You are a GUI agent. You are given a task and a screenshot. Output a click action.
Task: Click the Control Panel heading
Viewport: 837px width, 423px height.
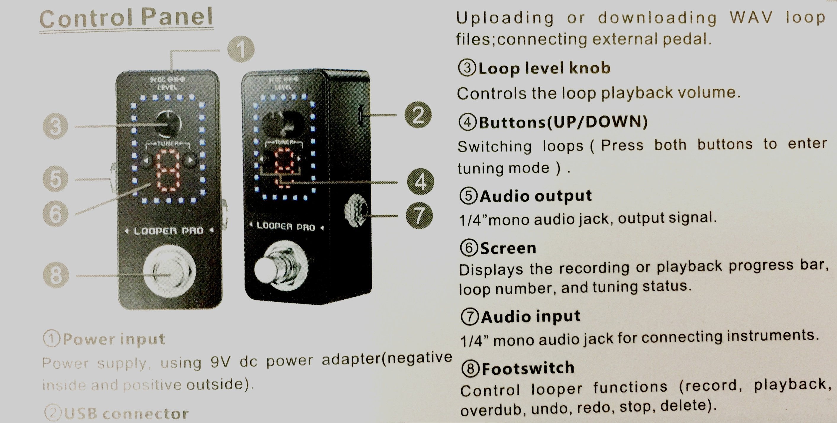click(126, 18)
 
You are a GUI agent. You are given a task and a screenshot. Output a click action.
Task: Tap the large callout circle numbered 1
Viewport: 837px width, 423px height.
click(241, 49)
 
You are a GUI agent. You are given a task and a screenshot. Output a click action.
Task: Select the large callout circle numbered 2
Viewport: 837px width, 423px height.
click(418, 115)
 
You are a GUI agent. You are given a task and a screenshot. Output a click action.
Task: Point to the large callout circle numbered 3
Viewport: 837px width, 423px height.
click(55, 126)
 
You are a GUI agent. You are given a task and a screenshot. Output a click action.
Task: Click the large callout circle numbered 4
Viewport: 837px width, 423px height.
click(420, 182)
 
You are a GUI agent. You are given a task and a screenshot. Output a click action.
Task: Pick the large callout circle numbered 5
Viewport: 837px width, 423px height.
click(55, 179)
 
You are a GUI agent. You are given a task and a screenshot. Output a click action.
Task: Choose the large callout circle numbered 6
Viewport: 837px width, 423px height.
click(56, 214)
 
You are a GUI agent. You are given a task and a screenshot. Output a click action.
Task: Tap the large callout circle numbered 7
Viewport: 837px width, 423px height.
click(419, 215)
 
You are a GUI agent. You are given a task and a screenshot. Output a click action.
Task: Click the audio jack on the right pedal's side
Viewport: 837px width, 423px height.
click(357, 211)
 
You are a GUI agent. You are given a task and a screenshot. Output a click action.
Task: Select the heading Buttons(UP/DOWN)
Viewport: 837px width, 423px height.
click(563, 122)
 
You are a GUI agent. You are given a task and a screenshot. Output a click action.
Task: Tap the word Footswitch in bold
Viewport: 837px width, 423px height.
click(528, 368)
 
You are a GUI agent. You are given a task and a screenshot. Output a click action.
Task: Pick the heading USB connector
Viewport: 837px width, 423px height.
click(126, 414)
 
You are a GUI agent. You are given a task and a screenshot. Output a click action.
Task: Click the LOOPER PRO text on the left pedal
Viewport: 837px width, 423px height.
click(169, 231)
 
